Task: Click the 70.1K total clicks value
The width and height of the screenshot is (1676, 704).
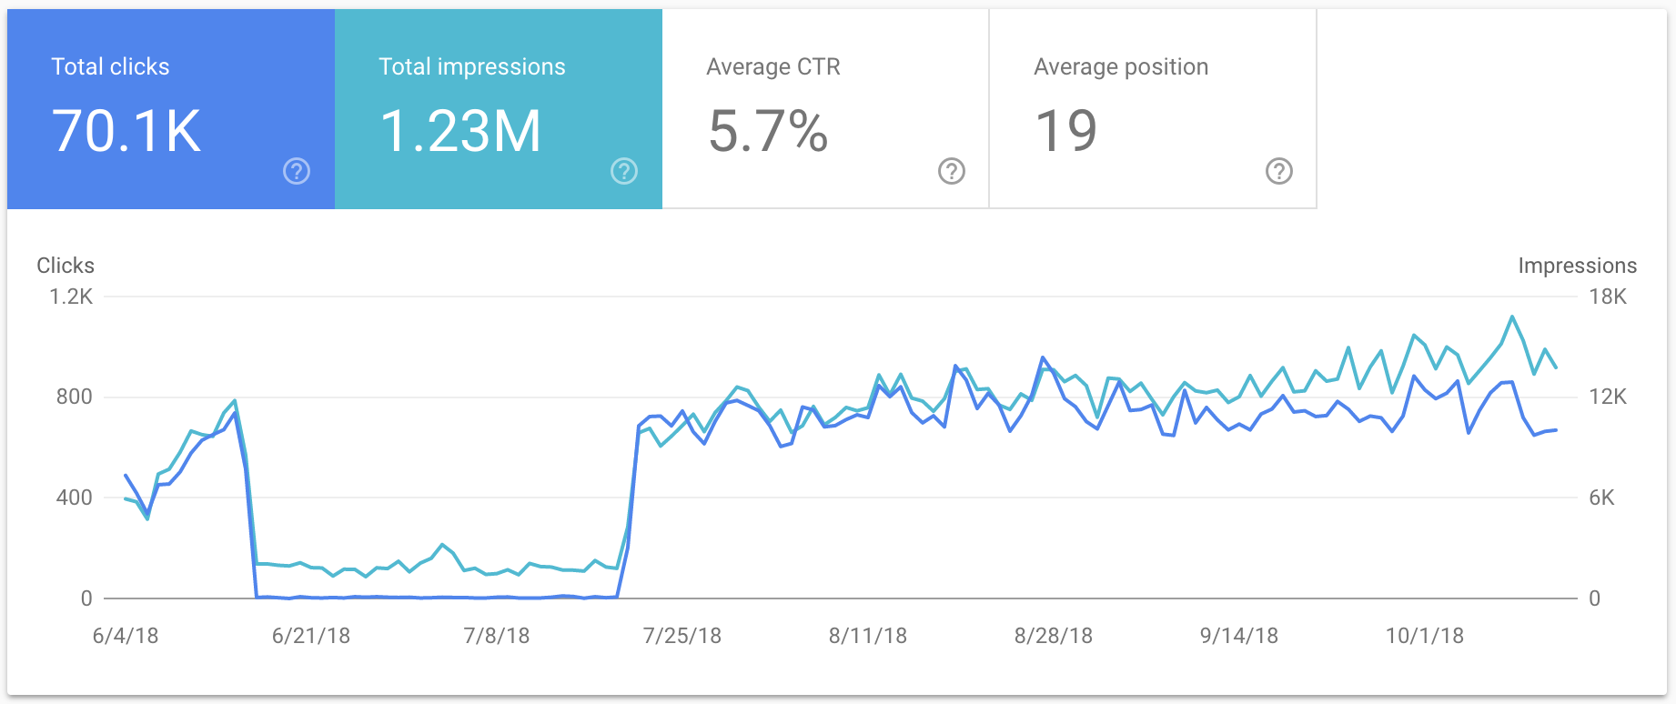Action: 126,131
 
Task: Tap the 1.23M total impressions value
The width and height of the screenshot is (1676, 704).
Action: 460,131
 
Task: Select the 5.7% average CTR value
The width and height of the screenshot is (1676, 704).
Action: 768,131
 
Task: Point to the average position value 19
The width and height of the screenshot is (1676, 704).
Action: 1066,131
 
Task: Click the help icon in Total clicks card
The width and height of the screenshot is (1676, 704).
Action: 297,171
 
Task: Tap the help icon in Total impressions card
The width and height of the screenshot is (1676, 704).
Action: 624,171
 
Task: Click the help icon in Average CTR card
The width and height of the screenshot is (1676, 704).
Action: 952,171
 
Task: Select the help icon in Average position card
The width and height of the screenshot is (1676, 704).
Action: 1279,171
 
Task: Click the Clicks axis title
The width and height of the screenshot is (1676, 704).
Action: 66,266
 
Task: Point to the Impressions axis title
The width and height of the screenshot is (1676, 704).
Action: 1577,266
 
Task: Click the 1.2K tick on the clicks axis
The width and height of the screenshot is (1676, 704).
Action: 71,297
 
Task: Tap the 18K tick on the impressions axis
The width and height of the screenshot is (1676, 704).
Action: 1608,297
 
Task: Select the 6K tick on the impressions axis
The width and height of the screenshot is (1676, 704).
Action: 1601,498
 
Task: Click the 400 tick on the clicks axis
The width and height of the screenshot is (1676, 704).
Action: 74,498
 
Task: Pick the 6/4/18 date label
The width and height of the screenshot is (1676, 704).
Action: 126,636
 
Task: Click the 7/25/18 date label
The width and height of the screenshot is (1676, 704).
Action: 682,636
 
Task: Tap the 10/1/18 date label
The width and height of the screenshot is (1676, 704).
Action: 1425,636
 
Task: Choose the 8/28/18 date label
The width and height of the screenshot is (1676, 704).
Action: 1054,636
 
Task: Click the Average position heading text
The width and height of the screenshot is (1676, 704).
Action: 1121,66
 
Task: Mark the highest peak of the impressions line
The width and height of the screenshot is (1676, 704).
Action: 1512,317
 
